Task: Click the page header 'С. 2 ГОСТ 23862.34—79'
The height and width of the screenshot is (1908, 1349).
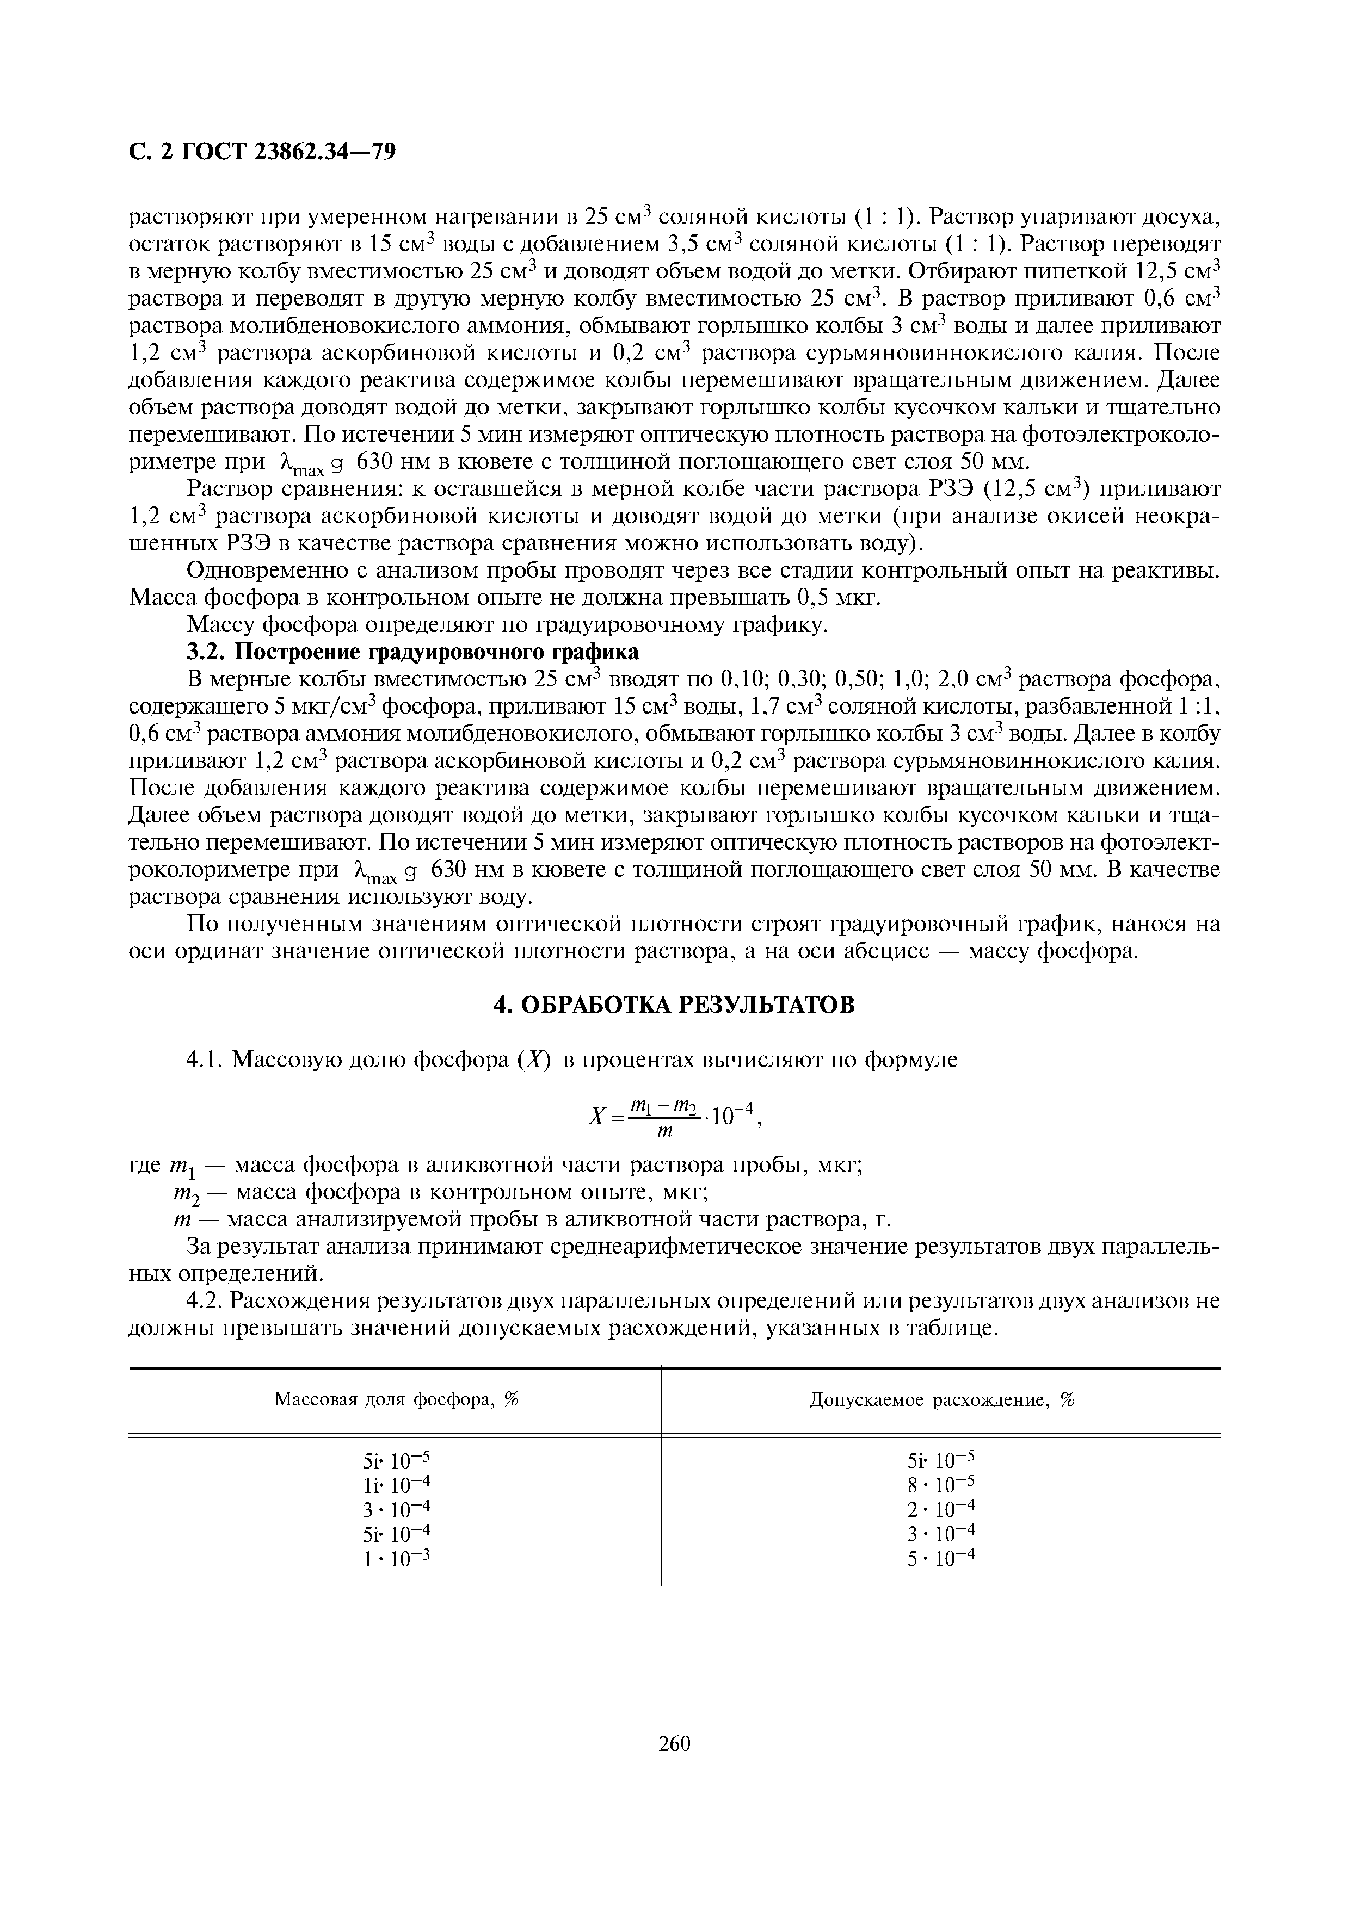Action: (263, 152)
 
